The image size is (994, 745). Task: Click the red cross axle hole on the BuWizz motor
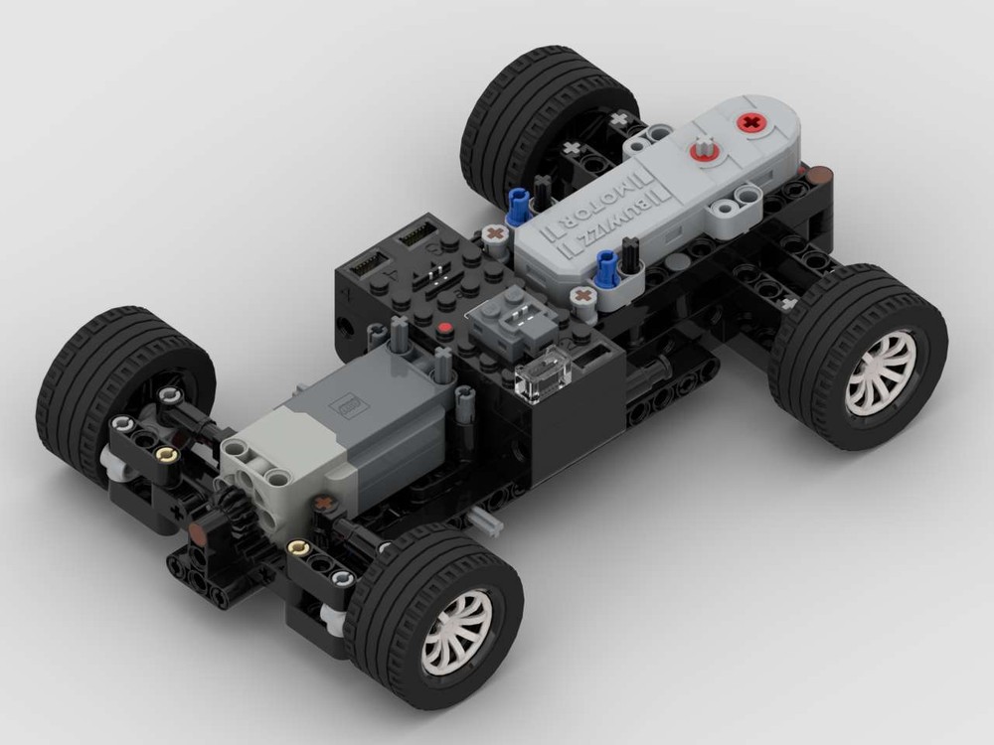coord(750,123)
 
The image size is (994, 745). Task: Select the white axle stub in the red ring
coord(704,149)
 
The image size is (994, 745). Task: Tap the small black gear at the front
coord(234,507)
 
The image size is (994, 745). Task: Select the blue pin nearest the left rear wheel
coord(515,205)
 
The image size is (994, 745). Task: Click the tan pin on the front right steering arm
coord(295,547)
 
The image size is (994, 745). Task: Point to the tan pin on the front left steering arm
coord(165,454)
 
